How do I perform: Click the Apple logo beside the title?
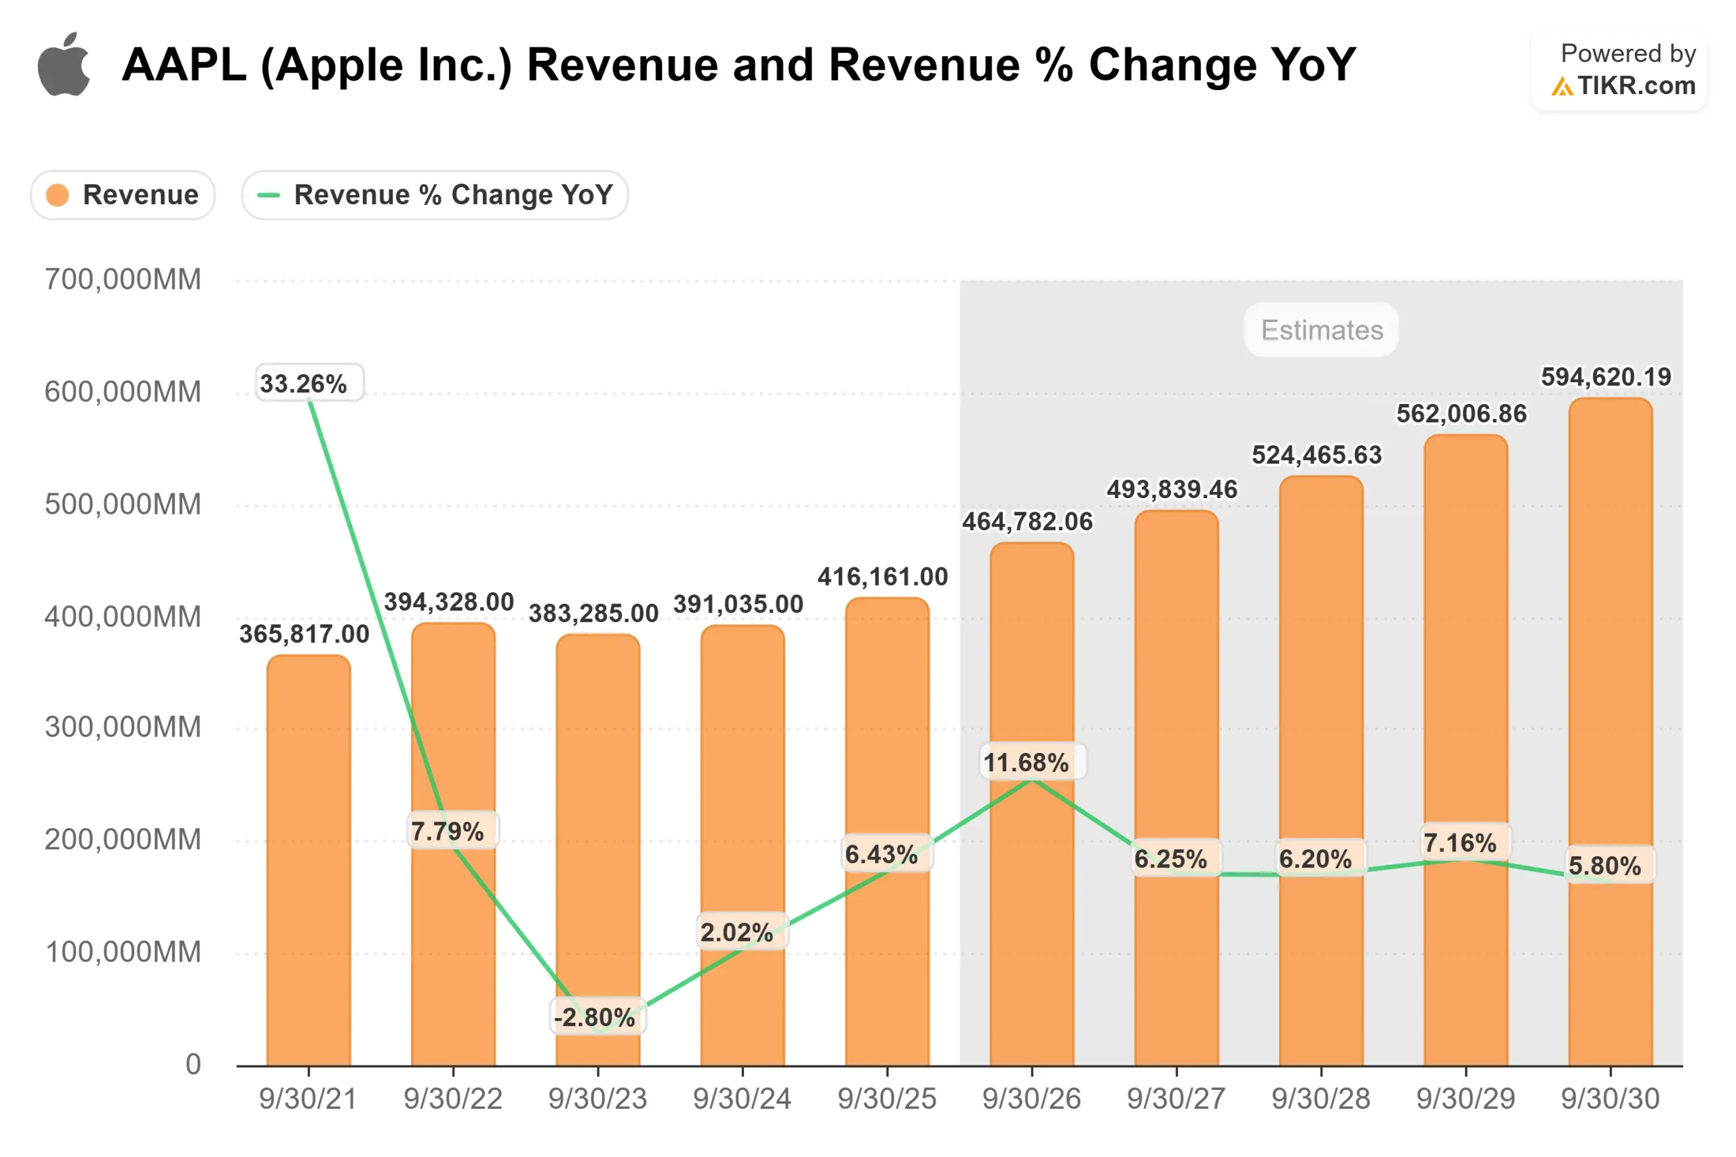tap(64, 65)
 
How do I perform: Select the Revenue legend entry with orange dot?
tap(123, 195)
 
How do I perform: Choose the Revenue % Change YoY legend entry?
tap(435, 195)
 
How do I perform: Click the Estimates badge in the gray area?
tap(1321, 330)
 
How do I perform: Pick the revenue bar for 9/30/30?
tap(1610, 738)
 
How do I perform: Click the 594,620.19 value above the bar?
tap(1605, 377)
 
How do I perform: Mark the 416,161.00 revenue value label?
tap(882, 576)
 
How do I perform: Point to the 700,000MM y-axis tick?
tap(123, 280)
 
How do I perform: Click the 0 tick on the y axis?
tap(193, 1064)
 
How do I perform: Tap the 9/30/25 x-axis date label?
tap(886, 1099)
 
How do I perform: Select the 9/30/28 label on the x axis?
tap(1320, 1099)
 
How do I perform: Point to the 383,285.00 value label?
tap(593, 613)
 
